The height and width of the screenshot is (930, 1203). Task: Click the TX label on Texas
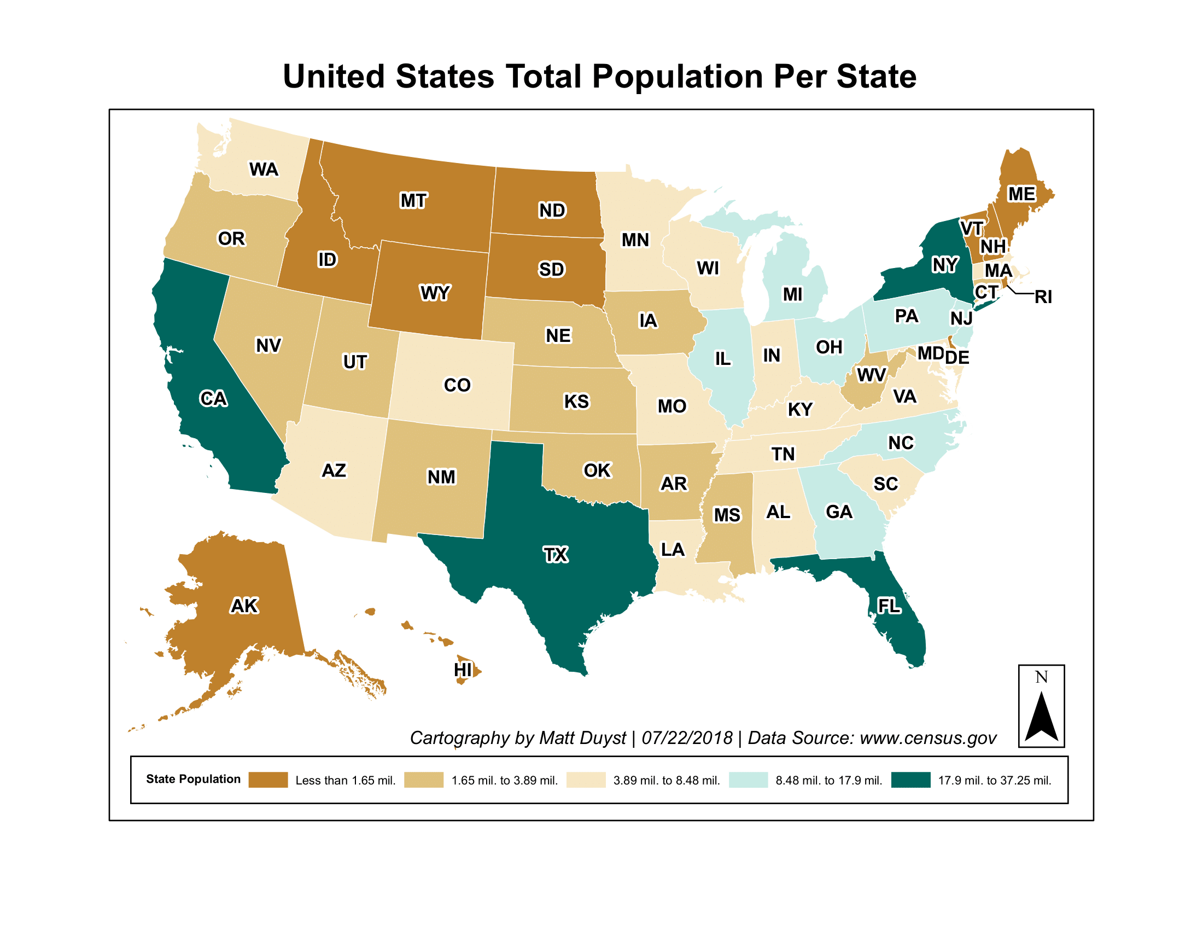555,554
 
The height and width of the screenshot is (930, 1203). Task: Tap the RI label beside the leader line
1043,297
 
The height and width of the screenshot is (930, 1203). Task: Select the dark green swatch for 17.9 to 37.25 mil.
910,780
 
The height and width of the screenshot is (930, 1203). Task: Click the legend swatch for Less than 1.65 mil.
268,780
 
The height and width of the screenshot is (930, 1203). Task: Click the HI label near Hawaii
463,670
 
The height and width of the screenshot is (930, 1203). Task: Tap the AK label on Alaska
244,606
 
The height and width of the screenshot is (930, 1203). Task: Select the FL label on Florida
889,606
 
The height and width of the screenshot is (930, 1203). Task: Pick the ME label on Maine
1021,194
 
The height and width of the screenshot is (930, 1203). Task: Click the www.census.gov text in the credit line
927,738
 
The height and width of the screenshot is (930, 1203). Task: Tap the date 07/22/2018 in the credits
687,738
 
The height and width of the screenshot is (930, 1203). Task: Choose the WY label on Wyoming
435,293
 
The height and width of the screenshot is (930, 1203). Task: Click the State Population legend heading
193,779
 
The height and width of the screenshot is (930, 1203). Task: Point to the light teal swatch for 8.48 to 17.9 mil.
748,780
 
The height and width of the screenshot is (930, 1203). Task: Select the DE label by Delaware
957,357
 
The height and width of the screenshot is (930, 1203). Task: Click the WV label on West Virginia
872,375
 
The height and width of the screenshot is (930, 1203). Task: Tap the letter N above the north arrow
1041,677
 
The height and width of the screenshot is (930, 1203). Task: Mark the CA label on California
213,398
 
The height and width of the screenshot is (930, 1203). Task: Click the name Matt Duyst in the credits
582,738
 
